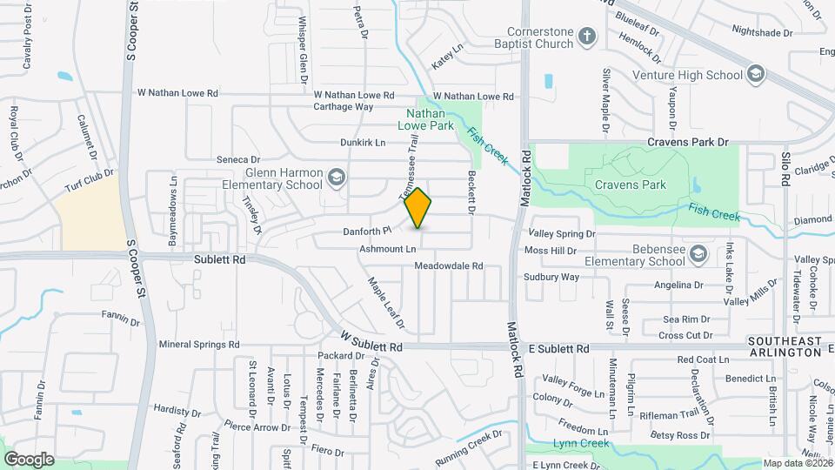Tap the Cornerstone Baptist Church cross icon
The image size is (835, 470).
pos(587,37)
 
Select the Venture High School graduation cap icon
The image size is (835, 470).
pos(755,74)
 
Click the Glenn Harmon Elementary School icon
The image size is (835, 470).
pos(336,178)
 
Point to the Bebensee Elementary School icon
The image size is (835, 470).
pos(697,254)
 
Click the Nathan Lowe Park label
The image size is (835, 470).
pos(426,119)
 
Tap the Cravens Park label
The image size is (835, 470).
pos(631,185)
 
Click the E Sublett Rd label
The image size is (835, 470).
pos(559,348)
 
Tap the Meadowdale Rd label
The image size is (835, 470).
pos(448,265)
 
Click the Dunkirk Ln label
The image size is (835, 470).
pos(362,142)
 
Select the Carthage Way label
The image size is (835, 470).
pos(344,107)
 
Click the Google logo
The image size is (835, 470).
pos(29,459)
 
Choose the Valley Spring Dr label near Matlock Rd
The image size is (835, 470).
pos(563,234)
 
